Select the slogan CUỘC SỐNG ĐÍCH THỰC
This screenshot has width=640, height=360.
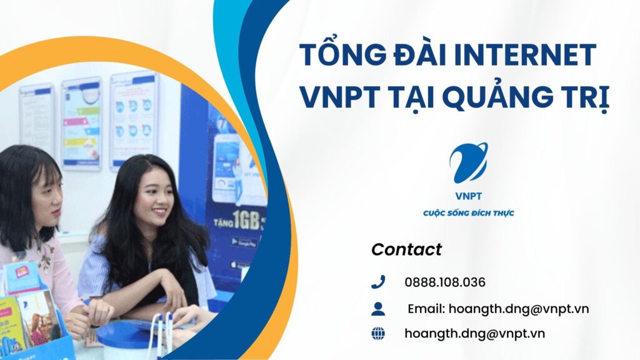[x=468, y=213]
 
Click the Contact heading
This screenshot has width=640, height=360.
[x=406, y=249]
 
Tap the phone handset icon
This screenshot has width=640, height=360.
[x=378, y=282]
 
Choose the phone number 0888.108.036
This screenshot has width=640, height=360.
[x=445, y=282]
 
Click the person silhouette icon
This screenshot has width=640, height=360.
[x=378, y=308]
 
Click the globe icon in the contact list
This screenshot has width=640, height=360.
[x=378, y=334]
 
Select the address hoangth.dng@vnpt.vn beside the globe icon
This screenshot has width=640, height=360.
[x=475, y=334]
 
